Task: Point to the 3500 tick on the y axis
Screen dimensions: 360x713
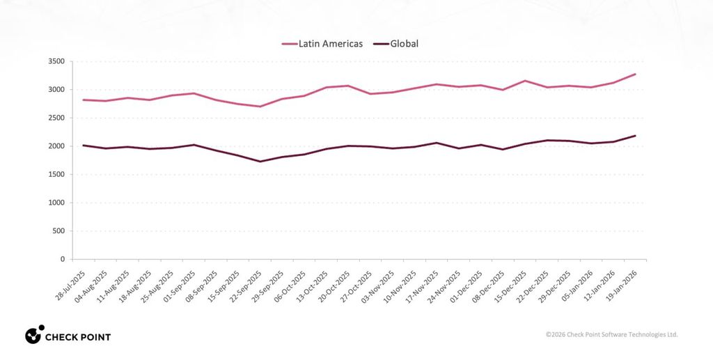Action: [x=56, y=61]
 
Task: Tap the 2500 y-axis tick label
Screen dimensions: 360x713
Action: [x=56, y=118]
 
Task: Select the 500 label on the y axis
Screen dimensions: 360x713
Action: [x=58, y=230]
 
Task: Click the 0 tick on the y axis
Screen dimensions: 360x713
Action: [x=62, y=259]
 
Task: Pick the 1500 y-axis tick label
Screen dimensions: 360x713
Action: [x=56, y=174]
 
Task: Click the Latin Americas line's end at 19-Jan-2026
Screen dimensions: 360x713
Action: [x=635, y=74]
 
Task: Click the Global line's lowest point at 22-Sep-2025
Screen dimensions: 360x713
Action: [x=260, y=162]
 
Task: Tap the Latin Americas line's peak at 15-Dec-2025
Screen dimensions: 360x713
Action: [x=524, y=81]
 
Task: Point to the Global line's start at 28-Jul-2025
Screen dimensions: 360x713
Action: [x=84, y=146]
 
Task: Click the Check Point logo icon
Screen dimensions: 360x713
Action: [x=34, y=335]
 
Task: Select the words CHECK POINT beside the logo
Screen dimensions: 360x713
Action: [x=78, y=338]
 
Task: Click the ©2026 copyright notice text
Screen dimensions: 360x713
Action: [x=611, y=335]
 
